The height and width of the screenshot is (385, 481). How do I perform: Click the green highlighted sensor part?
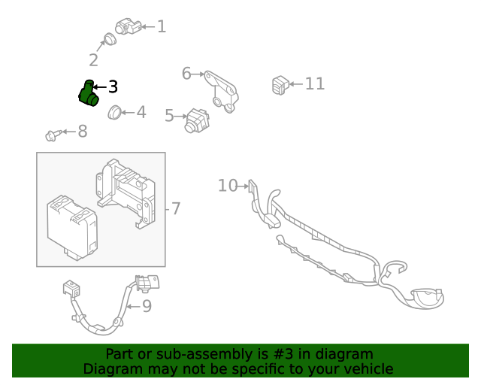(x=89, y=93)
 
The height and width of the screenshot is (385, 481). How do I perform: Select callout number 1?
(x=161, y=27)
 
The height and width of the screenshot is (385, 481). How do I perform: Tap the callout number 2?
(x=93, y=60)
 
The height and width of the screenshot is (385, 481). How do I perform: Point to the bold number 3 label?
(x=113, y=87)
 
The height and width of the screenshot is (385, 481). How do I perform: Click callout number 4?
(x=141, y=113)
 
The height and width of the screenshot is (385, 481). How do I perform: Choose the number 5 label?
(x=169, y=116)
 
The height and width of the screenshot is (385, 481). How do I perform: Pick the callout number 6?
(x=186, y=73)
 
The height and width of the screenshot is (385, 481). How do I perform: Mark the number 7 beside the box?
(x=176, y=208)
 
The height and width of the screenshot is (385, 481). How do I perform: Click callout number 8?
(x=83, y=132)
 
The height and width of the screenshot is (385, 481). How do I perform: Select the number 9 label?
(x=147, y=305)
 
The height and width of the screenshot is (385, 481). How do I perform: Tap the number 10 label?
(x=227, y=185)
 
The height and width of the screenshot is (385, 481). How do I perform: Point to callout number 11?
(x=315, y=83)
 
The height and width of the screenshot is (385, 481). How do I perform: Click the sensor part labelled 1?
(x=128, y=26)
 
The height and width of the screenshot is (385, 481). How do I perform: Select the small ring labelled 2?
(x=108, y=39)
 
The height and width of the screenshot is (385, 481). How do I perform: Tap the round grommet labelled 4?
(x=115, y=113)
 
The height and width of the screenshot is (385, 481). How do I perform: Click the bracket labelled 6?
(x=223, y=90)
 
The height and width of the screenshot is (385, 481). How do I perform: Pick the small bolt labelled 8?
(x=53, y=135)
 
